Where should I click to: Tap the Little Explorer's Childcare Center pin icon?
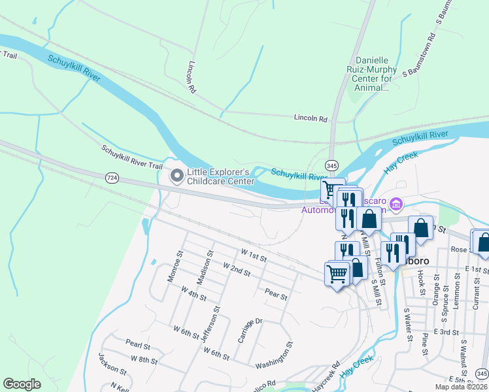(x=177, y=175)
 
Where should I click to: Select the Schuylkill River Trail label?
(x=131, y=157)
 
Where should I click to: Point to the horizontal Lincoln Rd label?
(x=310, y=118)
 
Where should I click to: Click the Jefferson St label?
(x=211, y=323)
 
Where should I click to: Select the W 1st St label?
(x=254, y=255)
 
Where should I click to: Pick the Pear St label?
(x=276, y=295)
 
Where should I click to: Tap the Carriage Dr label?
(x=250, y=331)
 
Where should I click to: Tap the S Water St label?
(x=407, y=325)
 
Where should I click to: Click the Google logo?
(x=22, y=384)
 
